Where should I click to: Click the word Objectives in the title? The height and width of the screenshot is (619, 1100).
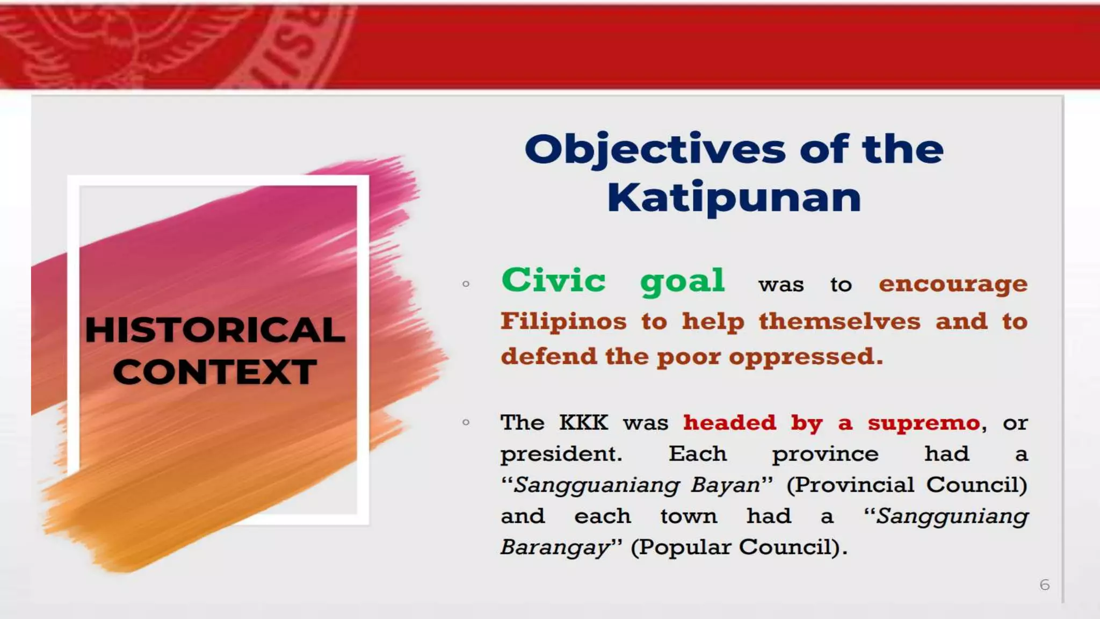[x=655, y=150]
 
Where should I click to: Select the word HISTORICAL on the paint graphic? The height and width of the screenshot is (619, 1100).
[x=215, y=330]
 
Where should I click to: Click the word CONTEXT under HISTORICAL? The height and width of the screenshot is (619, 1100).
[x=215, y=372]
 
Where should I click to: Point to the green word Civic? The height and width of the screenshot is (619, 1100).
[x=553, y=280]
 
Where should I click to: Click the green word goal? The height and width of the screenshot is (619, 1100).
[x=682, y=282]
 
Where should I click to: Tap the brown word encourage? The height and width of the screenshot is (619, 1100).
[x=953, y=284]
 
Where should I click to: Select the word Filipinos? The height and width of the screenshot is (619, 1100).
[x=563, y=321]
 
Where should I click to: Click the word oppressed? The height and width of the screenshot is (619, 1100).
[x=806, y=357]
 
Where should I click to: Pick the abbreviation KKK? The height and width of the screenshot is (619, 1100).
[x=583, y=423]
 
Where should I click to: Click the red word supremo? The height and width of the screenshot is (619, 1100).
[x=924, y=423]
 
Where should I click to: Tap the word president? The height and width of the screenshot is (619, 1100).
[x=561, y=455]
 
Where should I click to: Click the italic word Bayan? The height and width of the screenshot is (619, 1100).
[x=725, y=485]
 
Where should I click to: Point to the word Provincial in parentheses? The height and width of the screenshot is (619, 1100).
[x=854, y=485]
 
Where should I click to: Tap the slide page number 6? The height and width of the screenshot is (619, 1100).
[x=1044, y=585]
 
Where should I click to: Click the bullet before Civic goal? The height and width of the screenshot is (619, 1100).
[x=466, y=284]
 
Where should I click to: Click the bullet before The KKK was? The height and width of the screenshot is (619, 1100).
[x=466, y=422]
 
